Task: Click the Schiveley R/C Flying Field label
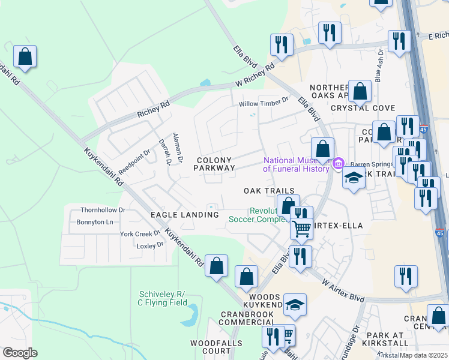tap(162, 298)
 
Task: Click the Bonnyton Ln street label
tap(95, 222)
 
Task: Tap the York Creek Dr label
tap(140, 233)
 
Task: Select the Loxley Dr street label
tap(150, 245)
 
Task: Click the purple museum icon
tap(338, 163)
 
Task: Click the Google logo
tap(20, 353)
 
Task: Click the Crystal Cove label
tap(363, 108)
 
